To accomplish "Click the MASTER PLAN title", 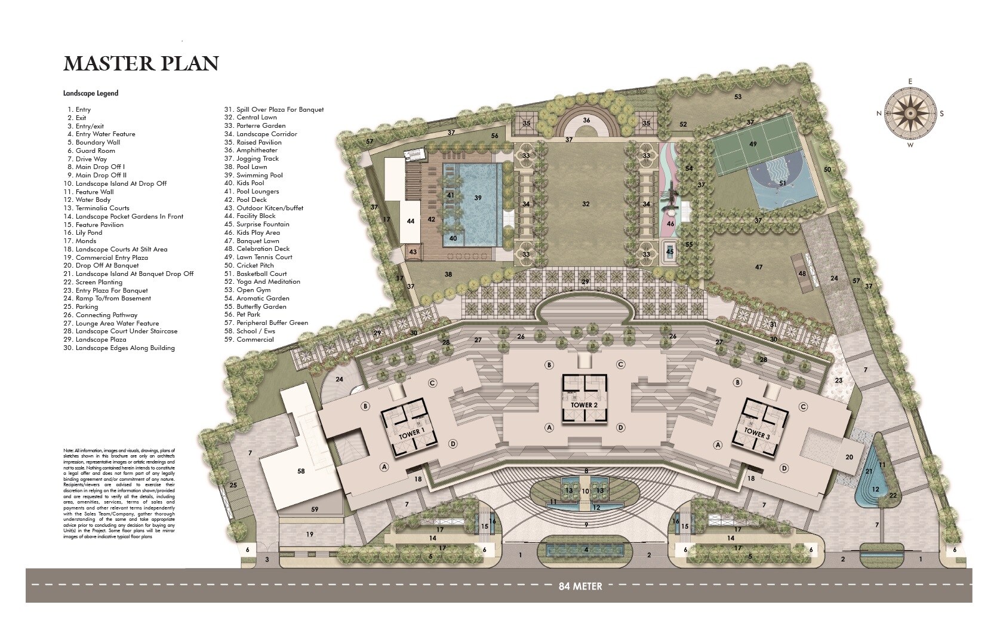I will point(141,63).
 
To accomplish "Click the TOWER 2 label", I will point(584,405).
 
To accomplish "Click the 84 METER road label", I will point(580,586).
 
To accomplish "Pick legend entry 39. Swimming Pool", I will point(259,175).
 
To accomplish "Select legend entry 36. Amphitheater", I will point(257,151).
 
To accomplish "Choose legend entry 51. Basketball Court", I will point(261,274).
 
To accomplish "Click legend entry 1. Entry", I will point(79,109).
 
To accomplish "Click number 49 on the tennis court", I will point(753,144).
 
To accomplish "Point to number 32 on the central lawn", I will point(586,204).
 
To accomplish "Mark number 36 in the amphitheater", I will point(586,120).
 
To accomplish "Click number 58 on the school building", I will point(301,471).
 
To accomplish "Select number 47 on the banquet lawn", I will point(759,267).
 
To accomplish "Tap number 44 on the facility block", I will point(411,221).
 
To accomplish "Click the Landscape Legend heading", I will point(91,93).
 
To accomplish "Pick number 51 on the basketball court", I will point(783,183).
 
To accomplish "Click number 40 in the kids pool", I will point(453,238).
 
